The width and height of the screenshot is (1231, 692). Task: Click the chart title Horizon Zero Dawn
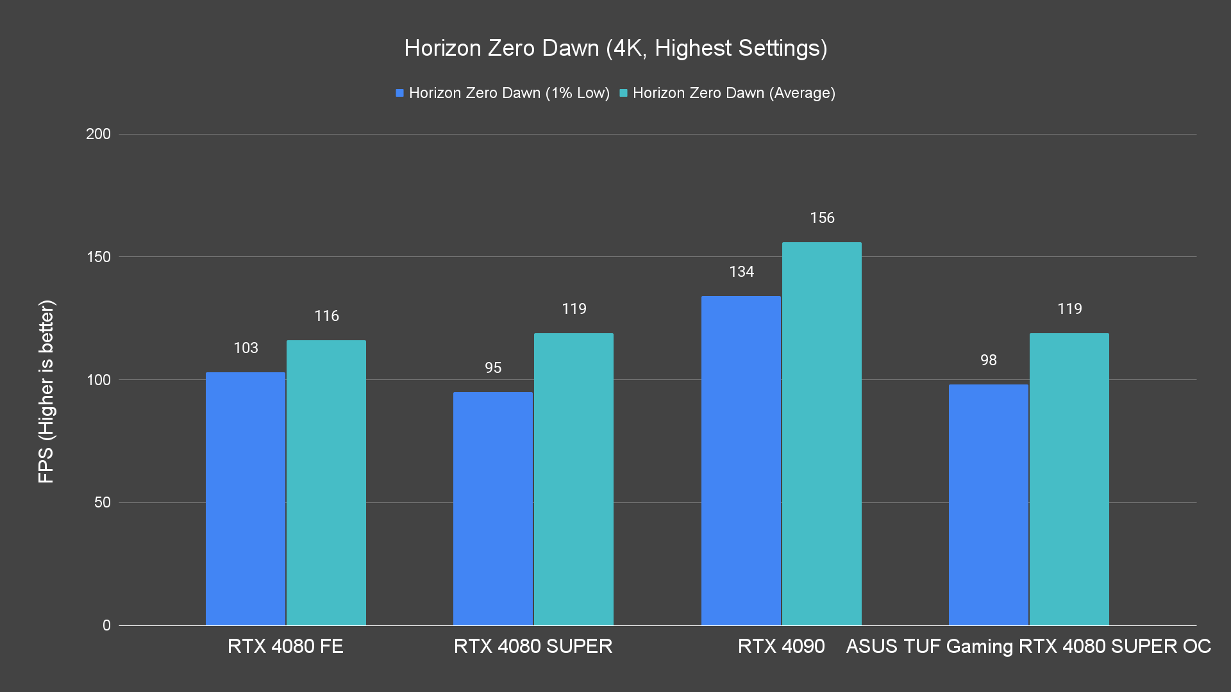point(615,48)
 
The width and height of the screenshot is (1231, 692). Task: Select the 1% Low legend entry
point(503,93)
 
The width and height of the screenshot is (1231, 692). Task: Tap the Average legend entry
point(727,93)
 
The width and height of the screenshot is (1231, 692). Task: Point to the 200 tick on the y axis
point(98,134)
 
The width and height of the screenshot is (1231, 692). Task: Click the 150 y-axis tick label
point(98,257)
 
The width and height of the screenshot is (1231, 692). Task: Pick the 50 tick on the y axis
point(102,502)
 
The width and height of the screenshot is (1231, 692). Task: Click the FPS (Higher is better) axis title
point(46,391)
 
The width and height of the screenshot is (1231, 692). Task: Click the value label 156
point(822,218)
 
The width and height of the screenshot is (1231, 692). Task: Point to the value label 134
point(741,272)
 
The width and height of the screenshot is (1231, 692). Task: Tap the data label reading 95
point(493,368)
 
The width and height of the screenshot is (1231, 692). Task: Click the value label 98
point(989,360)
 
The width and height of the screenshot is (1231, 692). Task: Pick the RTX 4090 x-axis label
point(781,646)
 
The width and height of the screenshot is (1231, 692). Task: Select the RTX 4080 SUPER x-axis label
point(533,646)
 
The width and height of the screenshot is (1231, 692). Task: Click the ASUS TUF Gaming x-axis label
point(1028,646)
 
